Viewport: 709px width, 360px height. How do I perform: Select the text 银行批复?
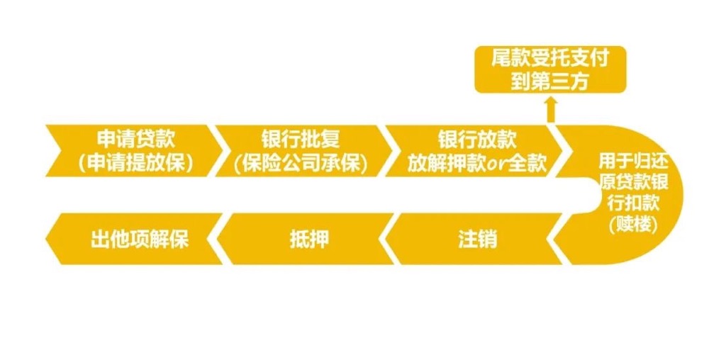301,138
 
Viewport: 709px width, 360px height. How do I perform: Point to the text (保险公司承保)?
301,162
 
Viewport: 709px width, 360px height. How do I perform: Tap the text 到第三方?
550,81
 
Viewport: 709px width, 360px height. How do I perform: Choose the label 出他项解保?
140,239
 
